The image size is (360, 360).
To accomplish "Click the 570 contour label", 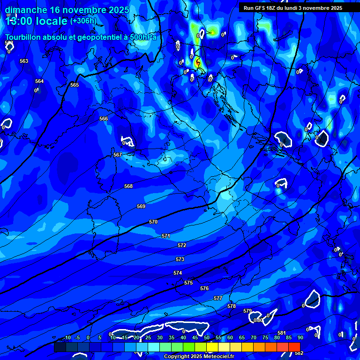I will [x=153, y=222].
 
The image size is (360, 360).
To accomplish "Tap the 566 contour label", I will [x=104, y=119].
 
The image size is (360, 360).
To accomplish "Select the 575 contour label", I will [x=188, y=283].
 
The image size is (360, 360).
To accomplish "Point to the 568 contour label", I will [x=128, y=186].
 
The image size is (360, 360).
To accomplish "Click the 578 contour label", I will [x=232, y=306].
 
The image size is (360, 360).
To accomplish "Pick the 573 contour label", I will [x=180, y=259].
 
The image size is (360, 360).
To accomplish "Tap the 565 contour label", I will [x=75, y=85].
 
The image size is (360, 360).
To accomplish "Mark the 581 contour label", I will [x=282, y=333].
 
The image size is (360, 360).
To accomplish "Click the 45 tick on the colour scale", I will [x=195, y=337].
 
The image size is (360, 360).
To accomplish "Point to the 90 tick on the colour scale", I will [x=300, y=337].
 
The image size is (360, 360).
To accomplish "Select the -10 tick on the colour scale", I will [x=67, y=337].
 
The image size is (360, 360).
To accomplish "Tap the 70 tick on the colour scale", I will [x=254, y=337].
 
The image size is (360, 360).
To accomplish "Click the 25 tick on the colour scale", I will [x=148, y=337].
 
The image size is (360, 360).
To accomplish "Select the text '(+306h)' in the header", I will [x=83, y=21].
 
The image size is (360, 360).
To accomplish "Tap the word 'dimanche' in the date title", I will [x=26, y=10].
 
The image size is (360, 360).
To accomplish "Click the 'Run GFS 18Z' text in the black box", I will [x=259, y=8].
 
